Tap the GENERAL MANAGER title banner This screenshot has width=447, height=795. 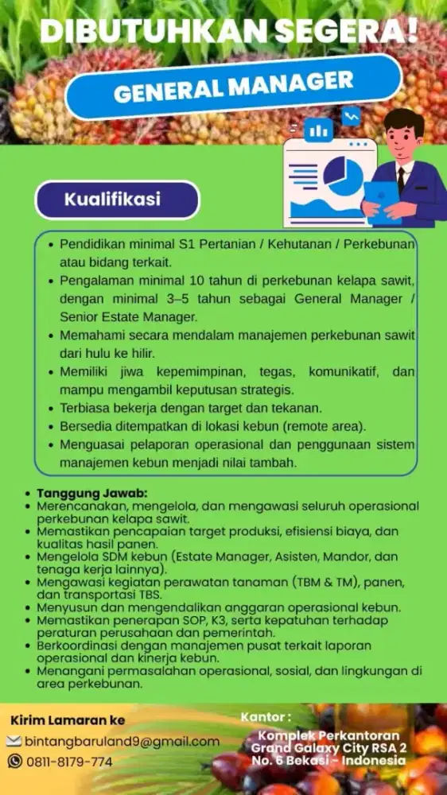(x=233, y=87)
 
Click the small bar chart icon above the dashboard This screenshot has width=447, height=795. (x=318, y=130)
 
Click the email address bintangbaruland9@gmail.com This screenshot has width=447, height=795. (x=122, y=741)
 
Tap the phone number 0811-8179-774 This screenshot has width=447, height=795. (x=69, y=762)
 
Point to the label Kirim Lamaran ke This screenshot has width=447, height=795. (x=68, y=720)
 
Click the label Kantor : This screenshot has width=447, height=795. (x=260, y=717)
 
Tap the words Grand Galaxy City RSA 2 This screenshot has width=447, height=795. (x=328, y=748)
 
